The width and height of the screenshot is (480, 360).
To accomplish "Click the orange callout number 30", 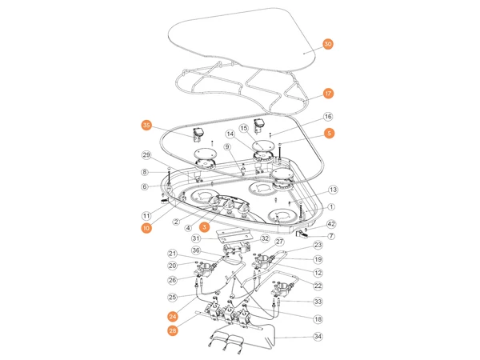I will [328, 44].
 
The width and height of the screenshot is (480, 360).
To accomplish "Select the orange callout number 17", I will [328, 93].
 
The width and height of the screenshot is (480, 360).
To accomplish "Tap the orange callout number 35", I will [146, 125].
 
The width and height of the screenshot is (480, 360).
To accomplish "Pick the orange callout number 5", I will [329, 133].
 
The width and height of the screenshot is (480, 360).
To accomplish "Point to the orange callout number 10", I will [146, 228].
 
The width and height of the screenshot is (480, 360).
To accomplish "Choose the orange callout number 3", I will [205, 227].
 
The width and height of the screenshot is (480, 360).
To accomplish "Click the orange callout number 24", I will [172, 315].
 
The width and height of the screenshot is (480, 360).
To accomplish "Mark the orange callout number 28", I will [172, 330].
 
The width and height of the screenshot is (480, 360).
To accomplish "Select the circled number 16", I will [328, 117].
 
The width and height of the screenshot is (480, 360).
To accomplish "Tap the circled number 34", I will [318, 337].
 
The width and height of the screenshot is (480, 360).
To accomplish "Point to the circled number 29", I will [146, 154].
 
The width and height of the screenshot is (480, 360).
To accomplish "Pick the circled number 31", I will [195, 238].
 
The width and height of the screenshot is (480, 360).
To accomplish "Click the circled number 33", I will [318, 302].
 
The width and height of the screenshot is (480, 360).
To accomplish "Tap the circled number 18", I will [318, 318].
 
